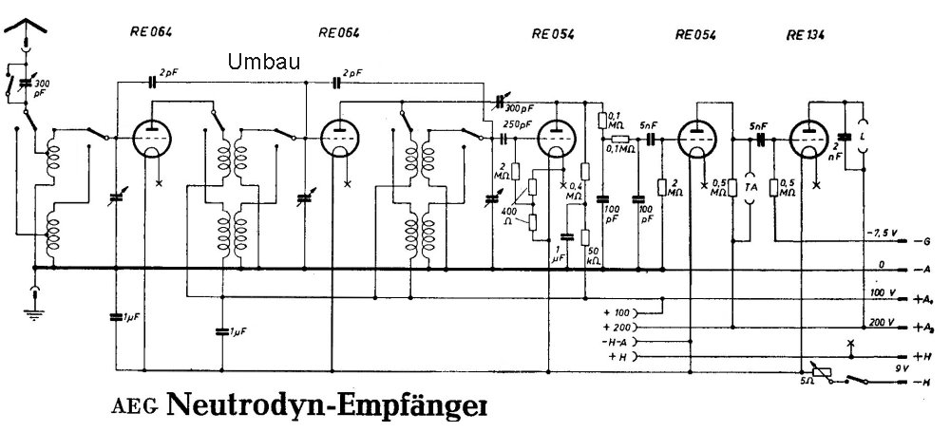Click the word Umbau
coord(265,62)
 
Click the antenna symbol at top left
coord(27,28)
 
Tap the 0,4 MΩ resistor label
coord(575,190)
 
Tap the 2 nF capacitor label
coord(835,154)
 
